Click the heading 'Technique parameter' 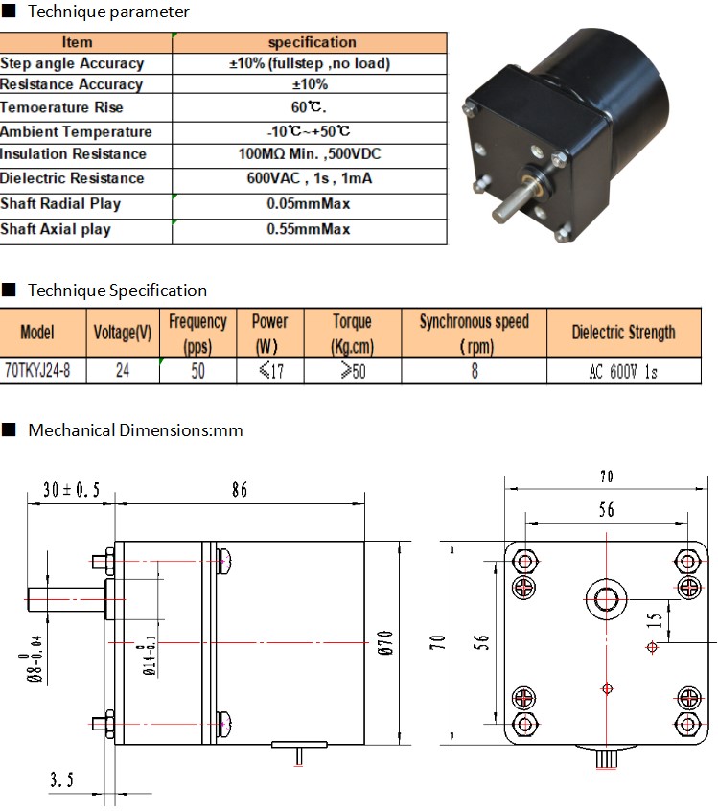tap(108, 12)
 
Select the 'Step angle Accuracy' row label tap(72, 63)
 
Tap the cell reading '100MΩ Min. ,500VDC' tap(310, 154)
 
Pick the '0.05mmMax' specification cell tap(309, 204)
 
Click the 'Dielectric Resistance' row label tap(72, 178)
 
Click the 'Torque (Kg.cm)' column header tap(352, 333)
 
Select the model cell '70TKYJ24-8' tap(37, 371)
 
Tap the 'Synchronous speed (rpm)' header tap(474, 333)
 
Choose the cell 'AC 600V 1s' tap(623, 371)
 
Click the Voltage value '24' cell tap(123, 371)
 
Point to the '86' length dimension tap(240, 489)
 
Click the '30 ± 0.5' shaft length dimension tap(71, 489)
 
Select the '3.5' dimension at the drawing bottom tap(61, 779)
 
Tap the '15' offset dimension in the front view tap(655, 620)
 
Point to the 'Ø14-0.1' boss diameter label tap(150, 656)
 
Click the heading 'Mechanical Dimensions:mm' tap(135, 430)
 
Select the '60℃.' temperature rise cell tap(309, 107)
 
